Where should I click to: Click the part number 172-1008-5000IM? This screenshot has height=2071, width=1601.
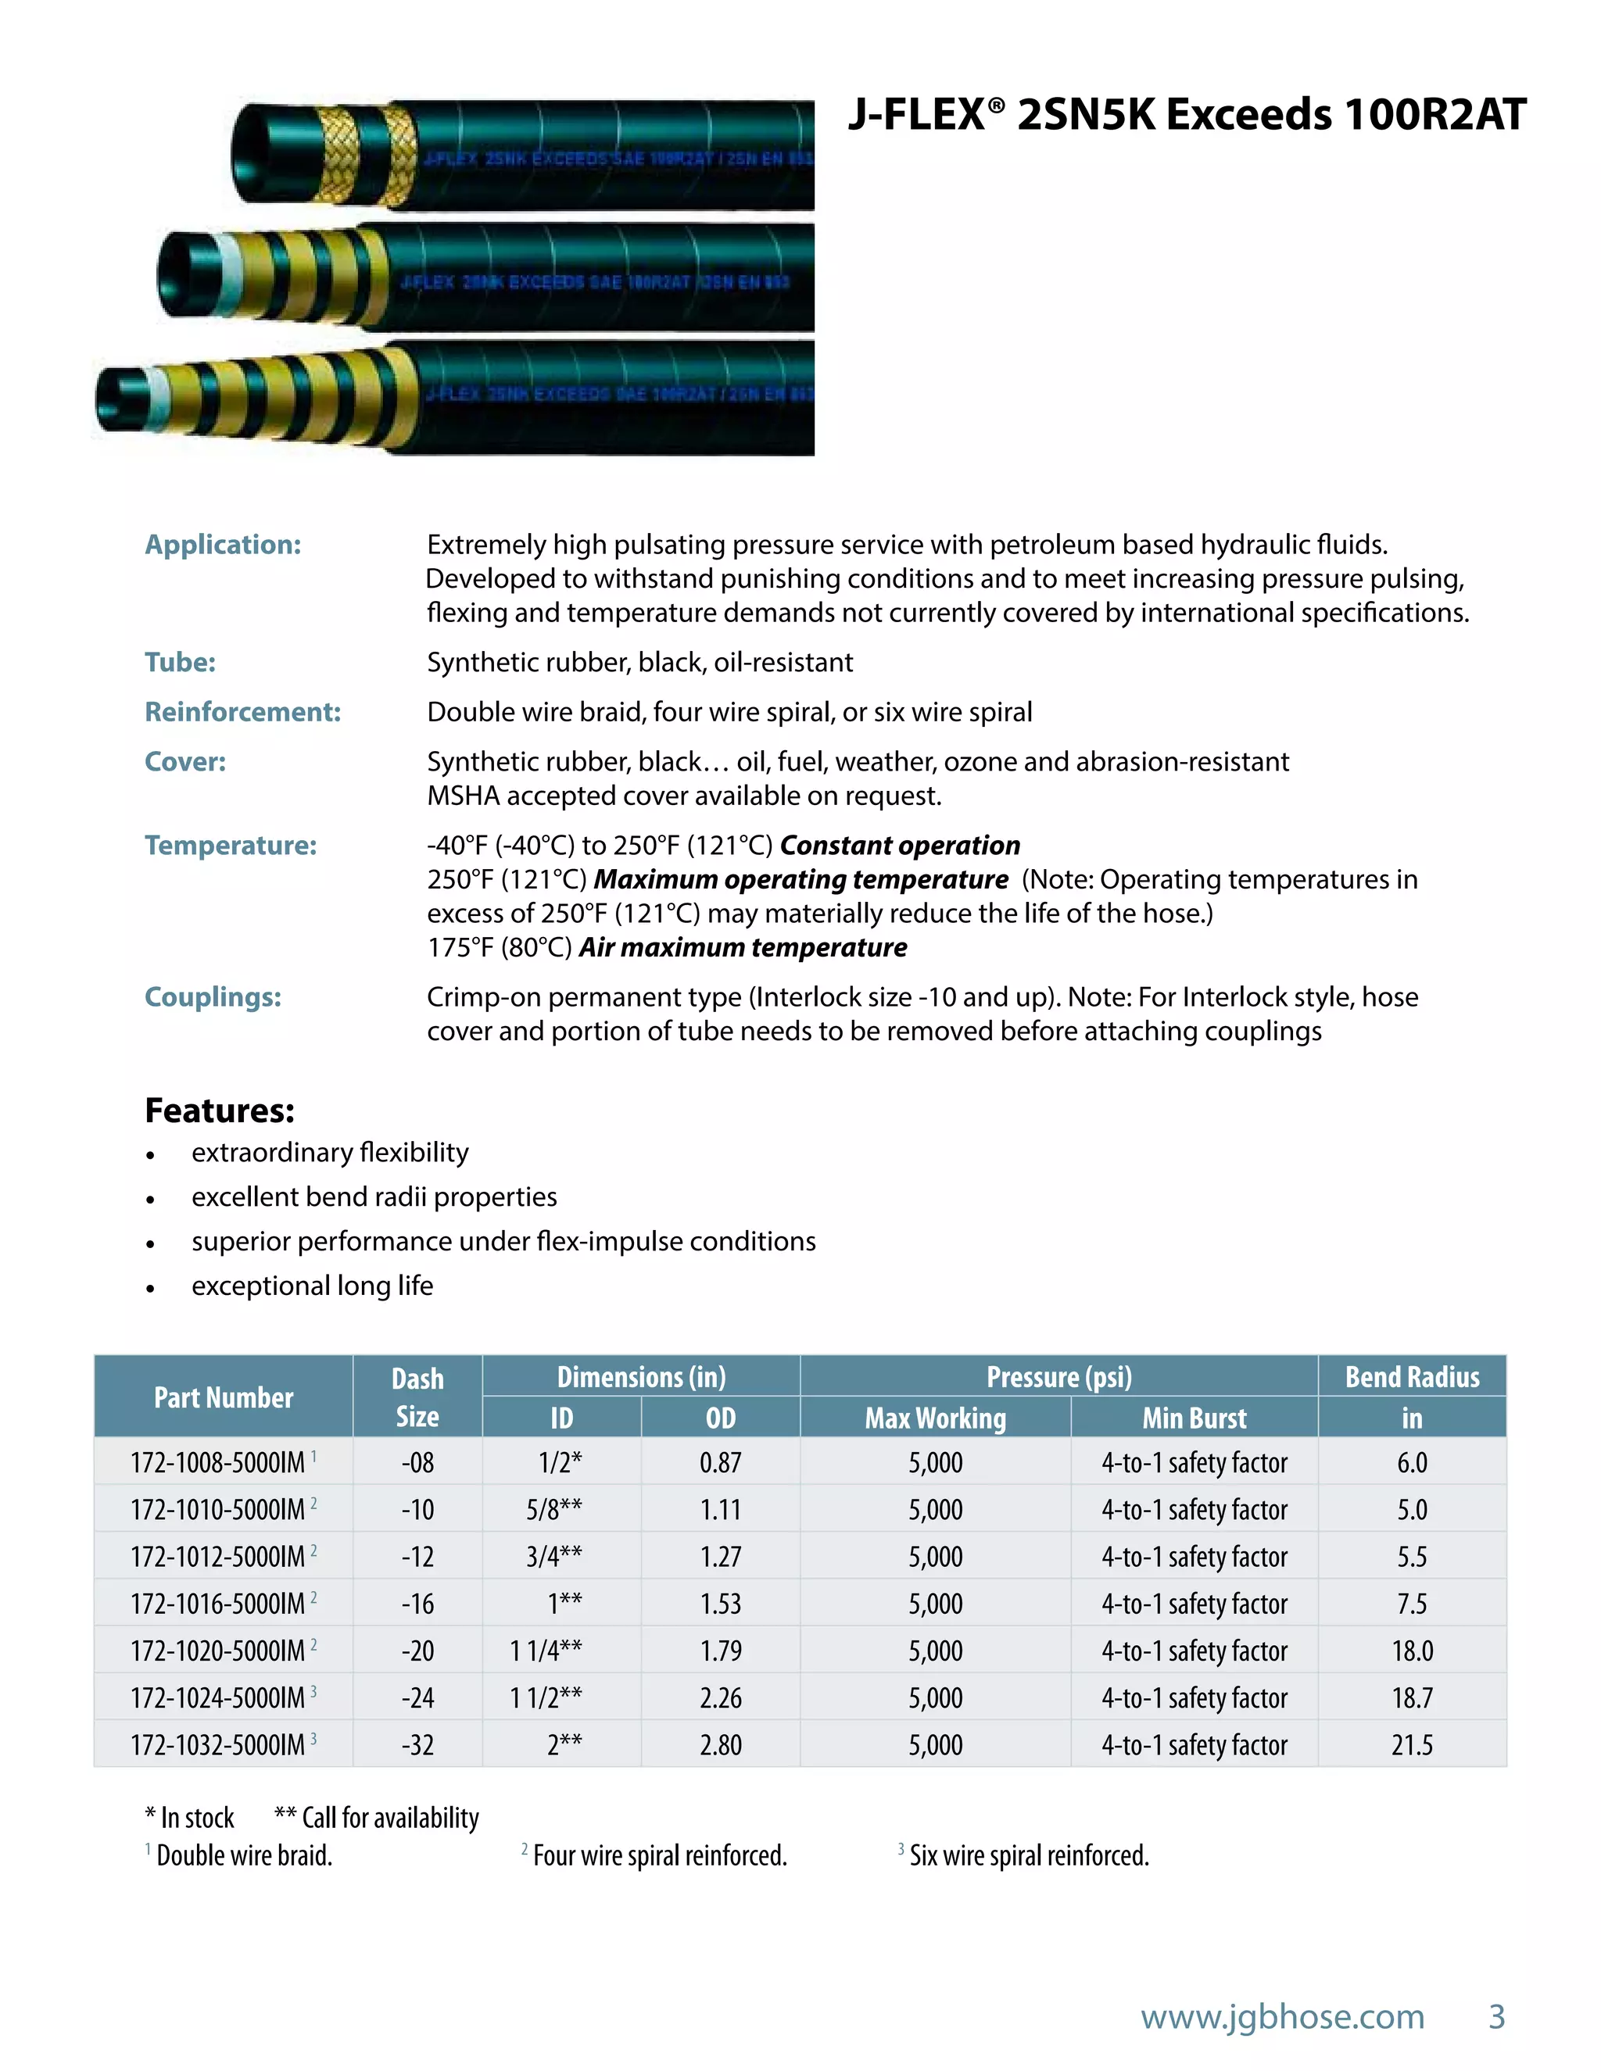pyautogui.click(x=217, y=1462)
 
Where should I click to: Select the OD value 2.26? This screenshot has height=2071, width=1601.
pyautogui.click(x=720, y=1697)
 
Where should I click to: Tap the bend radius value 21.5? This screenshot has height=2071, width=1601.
pyautogui.click(x=1411, y=1745)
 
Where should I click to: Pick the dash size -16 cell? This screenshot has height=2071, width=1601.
pyautogui.click(x=417, y=1604)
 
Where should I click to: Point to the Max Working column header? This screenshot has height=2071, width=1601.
pyautogui.click(x=935, y=1418)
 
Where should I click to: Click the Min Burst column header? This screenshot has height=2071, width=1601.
pyautogui.click(x=1194, y=1418)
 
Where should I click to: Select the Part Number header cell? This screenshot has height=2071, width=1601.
pyautogui.click(x=224, y=1397)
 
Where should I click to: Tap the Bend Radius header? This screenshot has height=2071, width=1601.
pyautogui.click(x=1411, y=1377)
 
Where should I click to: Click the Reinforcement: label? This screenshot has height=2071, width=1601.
pyautogui.click(x=243, y=712)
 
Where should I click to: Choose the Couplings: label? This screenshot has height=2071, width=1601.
pyautogui.click(x=213, y=996)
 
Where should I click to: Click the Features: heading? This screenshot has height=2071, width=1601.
pyautogui.click(x=219, y=1111)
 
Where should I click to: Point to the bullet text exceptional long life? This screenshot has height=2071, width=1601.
pyautogui.click(x=312, y=1286)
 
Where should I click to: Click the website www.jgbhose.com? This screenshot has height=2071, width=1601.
pyautogui.click(x=1282, y=2016)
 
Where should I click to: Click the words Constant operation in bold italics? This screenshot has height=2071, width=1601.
pyautogui.click(x=899, y=845)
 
